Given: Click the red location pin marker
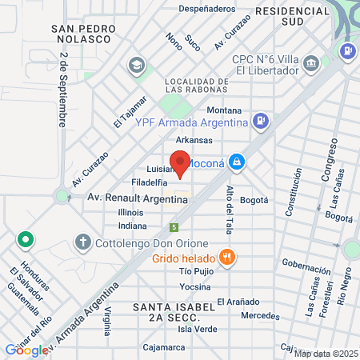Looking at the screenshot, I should pyautogui.click(x=180, y=163).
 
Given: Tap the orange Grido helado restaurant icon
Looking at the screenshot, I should pyautogui.click(x=228, y=258).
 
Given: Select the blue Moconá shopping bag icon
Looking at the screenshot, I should pyautogui.click(x=235, y=162).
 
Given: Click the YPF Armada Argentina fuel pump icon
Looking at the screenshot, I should pyautogui.click(x=260, y=122).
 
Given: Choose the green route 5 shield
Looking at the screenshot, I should pyautogui.click(x=174, y=228).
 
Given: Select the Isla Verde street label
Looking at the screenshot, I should pyautogui.click(x=197, y=329).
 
